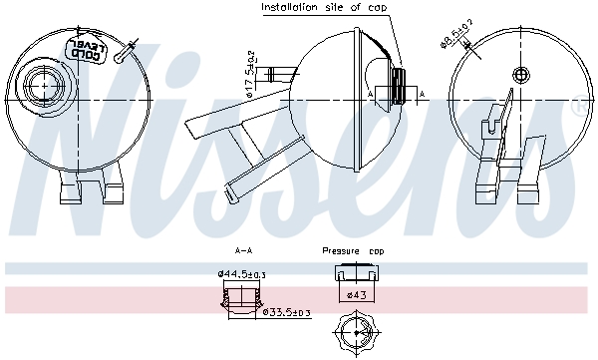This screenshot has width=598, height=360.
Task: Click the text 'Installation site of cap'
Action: coord(324,8)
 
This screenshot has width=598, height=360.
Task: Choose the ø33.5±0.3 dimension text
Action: coord(285,312)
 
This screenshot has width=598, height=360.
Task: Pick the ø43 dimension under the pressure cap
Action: coord(355,295)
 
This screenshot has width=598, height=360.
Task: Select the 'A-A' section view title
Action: coord(242,251)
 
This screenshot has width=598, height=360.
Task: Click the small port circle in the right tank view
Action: coord(518,75)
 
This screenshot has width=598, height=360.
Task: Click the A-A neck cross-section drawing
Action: coord(241,298)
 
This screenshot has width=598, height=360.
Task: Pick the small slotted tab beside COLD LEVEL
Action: coord(122,58)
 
